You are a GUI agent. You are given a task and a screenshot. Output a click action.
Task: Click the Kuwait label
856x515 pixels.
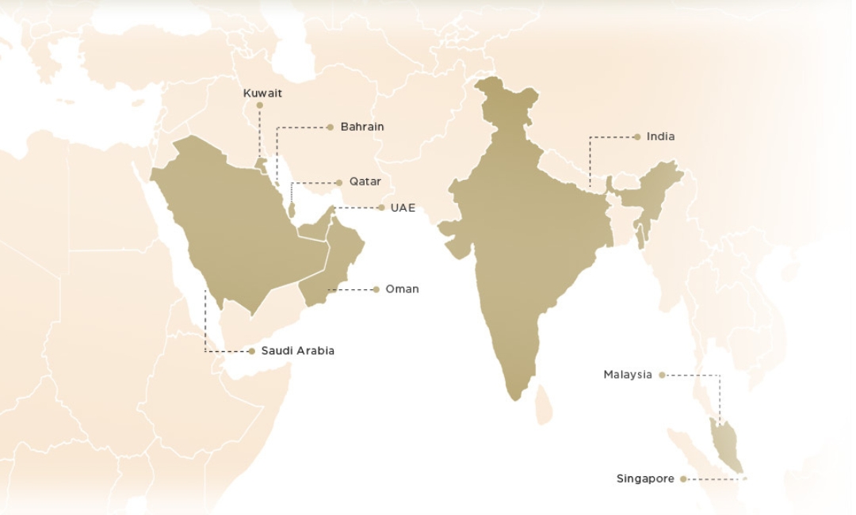262,93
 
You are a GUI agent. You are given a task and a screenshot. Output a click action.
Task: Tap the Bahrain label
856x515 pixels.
362,127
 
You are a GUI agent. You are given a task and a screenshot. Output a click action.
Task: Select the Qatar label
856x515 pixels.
365,182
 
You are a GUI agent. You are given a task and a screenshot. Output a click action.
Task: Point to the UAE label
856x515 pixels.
403,208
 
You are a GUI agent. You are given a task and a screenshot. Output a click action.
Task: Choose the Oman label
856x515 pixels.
402,289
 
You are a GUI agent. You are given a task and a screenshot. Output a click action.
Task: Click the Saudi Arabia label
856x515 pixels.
297,351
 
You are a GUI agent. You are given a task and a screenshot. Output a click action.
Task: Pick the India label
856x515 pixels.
660,137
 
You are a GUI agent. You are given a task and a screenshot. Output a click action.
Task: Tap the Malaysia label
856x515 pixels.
627,375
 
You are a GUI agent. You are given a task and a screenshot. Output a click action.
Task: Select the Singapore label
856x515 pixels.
645,479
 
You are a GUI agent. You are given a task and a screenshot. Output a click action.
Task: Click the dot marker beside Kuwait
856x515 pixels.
259,105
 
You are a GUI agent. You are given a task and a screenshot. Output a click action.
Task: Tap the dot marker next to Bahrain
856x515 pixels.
331,127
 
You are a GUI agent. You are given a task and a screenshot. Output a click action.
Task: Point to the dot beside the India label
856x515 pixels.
636,137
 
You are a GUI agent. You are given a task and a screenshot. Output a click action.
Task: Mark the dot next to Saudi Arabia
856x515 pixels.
251,351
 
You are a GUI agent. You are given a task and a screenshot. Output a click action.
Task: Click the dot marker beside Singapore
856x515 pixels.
683,479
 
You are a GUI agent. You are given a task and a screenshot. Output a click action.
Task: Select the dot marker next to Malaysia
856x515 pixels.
662,375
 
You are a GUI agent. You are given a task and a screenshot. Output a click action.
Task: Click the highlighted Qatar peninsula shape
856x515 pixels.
291,211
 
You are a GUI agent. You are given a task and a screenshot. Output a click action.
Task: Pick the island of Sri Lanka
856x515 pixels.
543,404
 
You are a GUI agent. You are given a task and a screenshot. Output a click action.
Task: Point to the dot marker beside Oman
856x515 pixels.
376,289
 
